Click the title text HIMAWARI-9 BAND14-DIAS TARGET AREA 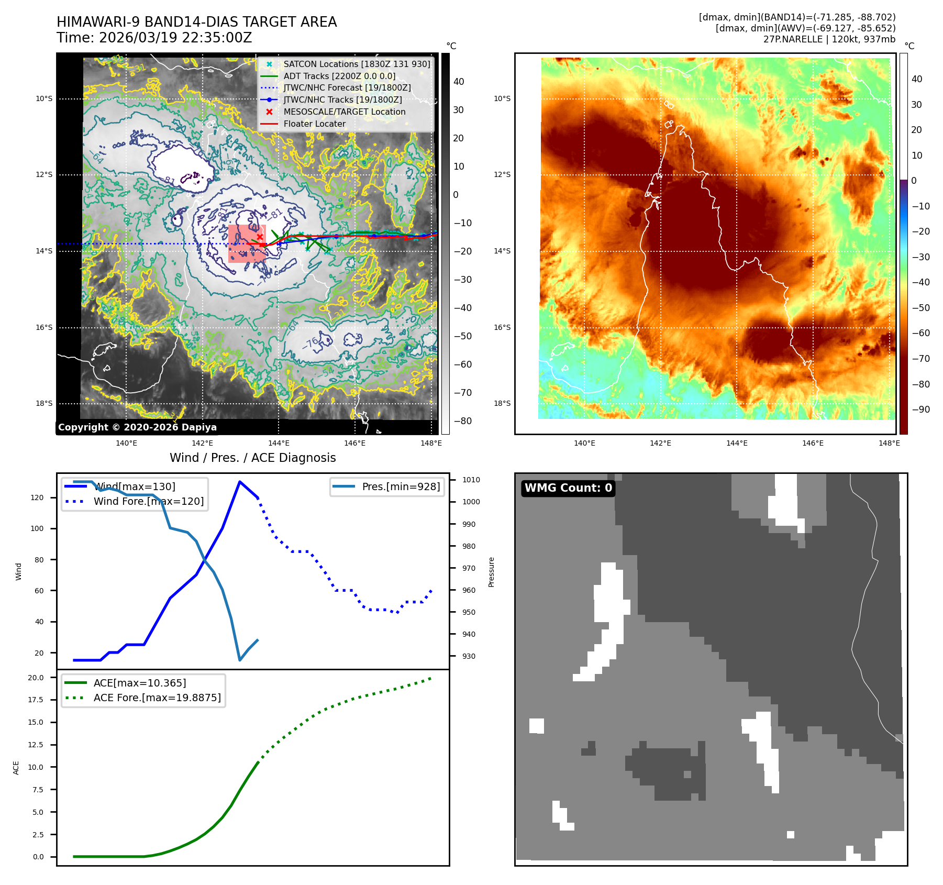pyautogui.click(x=196, y=22)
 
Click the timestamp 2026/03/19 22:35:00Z pyautogui.click(x=175, y=38)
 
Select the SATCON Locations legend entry pyautogui.click(x=357, y=64)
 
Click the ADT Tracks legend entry pyautogui.click(x=339, y=76)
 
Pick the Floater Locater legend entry pyautogui.click(x=314, y=124)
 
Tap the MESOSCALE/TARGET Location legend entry pyautogui.click(x=344, y=112)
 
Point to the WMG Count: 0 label pyautogui.click(x=568, y=488)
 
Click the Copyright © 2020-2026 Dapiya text pyautogui.click(x=137, y=427)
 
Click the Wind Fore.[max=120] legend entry pyautogui.click(x=148, y=501)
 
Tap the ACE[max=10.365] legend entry pyautogui.click(x=139, y=683)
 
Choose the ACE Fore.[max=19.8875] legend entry pyautogui.click(x=157, y=698)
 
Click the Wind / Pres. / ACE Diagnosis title pyautogui.click(x=252, y=458)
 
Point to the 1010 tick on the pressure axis pyautogui.click(x=471, y=480)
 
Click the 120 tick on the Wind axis pyautogui.click(x=37, y=497)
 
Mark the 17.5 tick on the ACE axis pyautogui.click(x=36, y=700)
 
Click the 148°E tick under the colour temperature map pyautogui.click(x=889, y=443)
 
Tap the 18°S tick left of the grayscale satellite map pyautogui.click(x=44, y=403)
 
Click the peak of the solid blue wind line pyautogui.click(x=240, y=482)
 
